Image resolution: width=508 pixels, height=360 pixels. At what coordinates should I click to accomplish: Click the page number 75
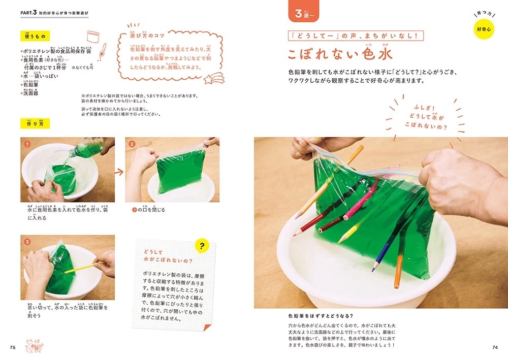coord(14,347)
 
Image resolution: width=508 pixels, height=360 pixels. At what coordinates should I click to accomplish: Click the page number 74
coord(495,347)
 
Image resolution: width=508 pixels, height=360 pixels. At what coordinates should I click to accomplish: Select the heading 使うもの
coord(35,37)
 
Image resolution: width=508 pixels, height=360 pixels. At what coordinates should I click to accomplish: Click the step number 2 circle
coord(132,144)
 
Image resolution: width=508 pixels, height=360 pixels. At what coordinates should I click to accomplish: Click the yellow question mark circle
coord(202,247)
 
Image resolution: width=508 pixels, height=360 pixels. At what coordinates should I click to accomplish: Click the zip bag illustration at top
coord(93,37)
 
